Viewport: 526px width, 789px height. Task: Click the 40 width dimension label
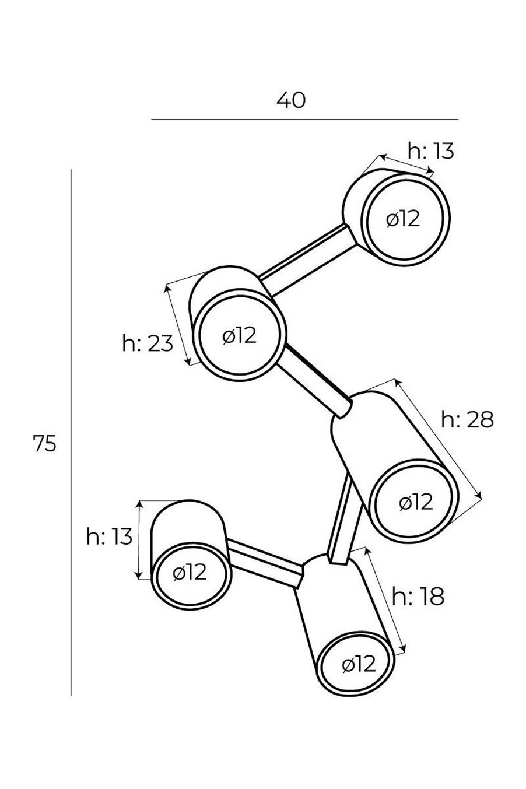point(291,101)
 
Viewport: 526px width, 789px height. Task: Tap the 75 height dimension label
point(45,443)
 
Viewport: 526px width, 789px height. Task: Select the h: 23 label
point(148,343)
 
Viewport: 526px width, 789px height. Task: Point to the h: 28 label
point(467,420)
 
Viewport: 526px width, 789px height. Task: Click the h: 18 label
point(418,597)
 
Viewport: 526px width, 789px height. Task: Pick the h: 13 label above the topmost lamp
point(431,152)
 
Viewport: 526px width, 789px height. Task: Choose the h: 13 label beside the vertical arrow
point(109,537)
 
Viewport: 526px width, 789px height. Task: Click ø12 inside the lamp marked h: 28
point(416,502)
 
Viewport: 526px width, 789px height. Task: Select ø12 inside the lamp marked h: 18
point(359,665)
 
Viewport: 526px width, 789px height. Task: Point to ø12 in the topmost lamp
point(403,219)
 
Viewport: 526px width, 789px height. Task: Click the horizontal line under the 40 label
point(305,120)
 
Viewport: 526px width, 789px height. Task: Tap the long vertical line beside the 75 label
point(71,433)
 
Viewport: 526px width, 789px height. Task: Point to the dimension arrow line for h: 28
point(439,439)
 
